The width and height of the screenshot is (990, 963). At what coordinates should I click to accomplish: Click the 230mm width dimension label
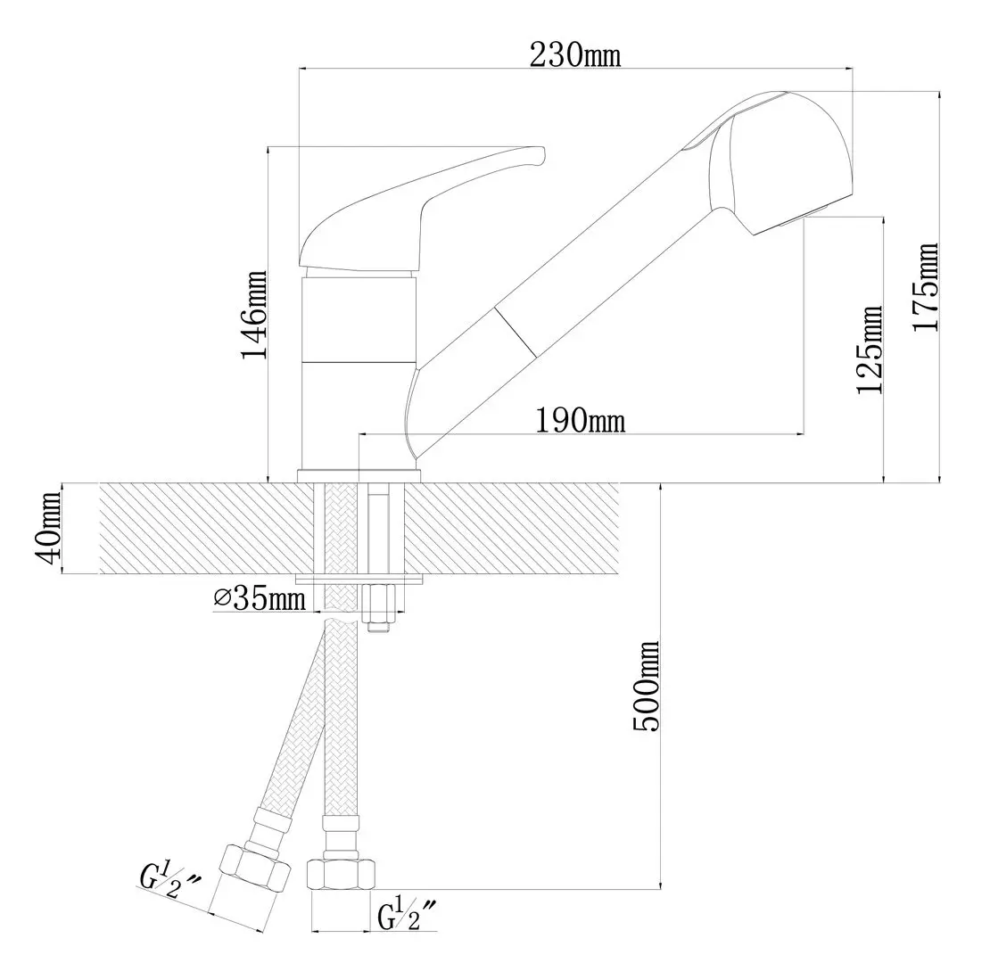coord(574,54)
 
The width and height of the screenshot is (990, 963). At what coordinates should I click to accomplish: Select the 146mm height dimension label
coord(254,315)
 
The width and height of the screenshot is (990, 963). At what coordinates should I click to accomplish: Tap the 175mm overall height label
coord(927,286)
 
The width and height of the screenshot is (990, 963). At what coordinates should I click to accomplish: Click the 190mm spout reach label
coord(581,420)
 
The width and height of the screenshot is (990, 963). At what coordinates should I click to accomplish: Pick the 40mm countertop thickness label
coord(48,529)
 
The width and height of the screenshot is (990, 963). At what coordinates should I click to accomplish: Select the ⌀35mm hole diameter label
coord(259,597)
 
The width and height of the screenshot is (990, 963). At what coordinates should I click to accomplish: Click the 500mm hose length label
coord(646,686)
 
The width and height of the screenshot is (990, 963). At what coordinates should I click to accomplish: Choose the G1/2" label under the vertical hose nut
coord(408,915)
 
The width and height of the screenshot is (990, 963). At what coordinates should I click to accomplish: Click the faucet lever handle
coord(421,210)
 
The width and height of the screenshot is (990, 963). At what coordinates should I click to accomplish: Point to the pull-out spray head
coord(780,163)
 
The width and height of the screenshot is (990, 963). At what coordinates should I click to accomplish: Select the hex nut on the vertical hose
coord(341,875)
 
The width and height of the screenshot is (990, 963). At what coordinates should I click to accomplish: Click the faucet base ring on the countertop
coord(359,476)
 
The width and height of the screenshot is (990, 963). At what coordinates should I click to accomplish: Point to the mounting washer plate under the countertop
coord(359,580)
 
